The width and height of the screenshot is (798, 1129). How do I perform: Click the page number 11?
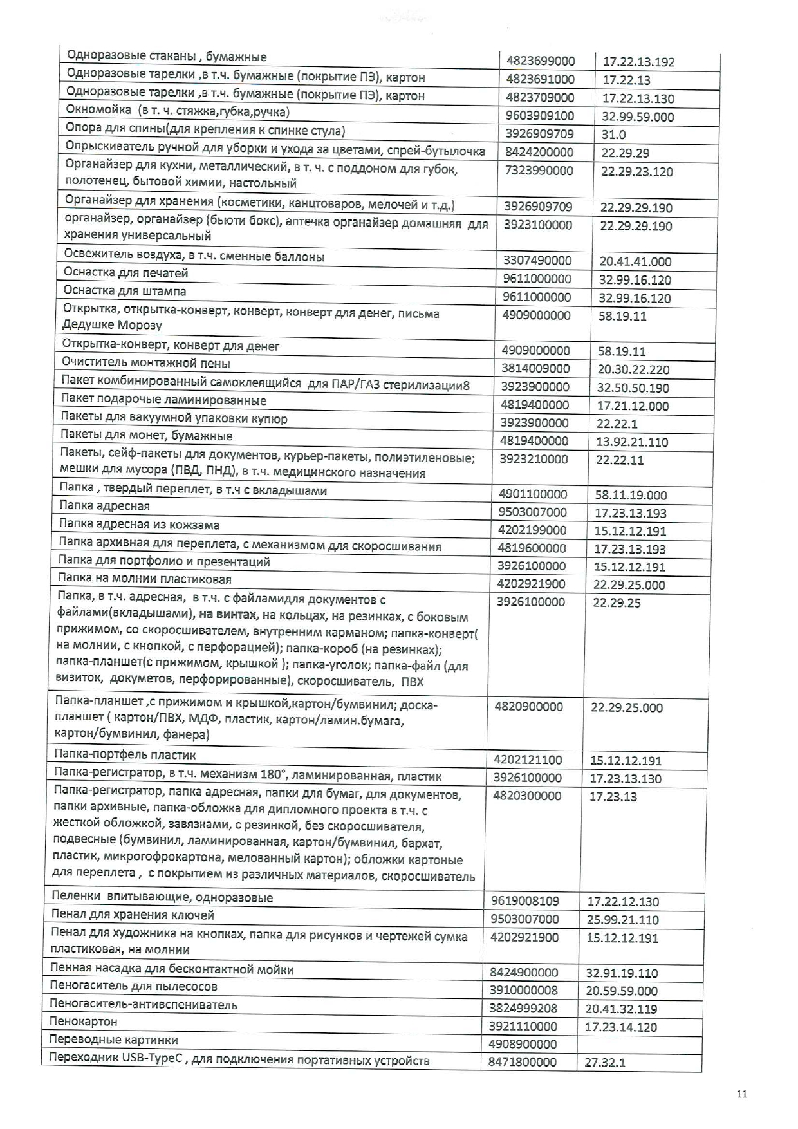[x=742, y=1094]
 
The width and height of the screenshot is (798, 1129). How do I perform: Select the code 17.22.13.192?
[x=638, y=62]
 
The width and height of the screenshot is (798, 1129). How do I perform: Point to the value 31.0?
[x=613, y=135]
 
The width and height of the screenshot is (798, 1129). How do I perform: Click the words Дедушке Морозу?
[x=112, y=325]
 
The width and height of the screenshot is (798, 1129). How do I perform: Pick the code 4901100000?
[x=533, y=494]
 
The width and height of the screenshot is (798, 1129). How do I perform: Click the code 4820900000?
[x=528, y=707]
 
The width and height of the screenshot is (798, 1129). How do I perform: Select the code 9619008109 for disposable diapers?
[x=525, y=901]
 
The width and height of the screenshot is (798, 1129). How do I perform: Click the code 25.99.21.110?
[x=622, y=920]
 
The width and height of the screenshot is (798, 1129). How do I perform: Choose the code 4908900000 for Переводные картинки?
[x=523, y=1044]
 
